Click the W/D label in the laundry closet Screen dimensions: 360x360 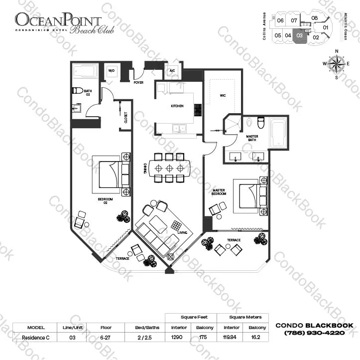(112, 71)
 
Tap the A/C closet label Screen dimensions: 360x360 (173, 71)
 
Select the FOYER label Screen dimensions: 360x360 (138, 83)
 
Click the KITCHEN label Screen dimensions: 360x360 (177, 106)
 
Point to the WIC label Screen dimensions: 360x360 (224, 96)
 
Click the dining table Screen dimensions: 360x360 (169, 168)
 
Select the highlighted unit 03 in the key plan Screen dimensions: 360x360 (299, 35)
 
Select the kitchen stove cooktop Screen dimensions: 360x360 (197, 110)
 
